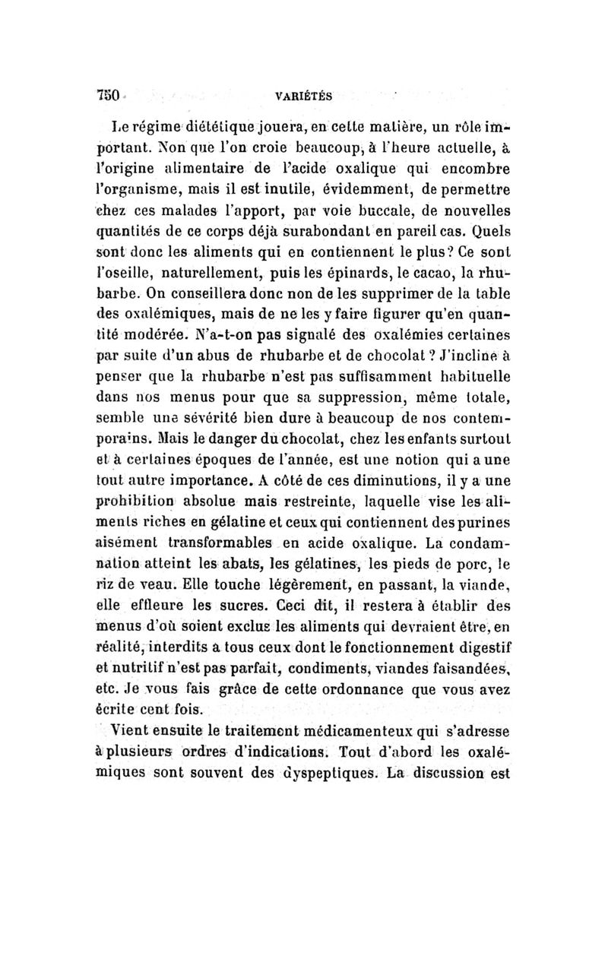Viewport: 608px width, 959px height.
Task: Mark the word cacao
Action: coord(444,265)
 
